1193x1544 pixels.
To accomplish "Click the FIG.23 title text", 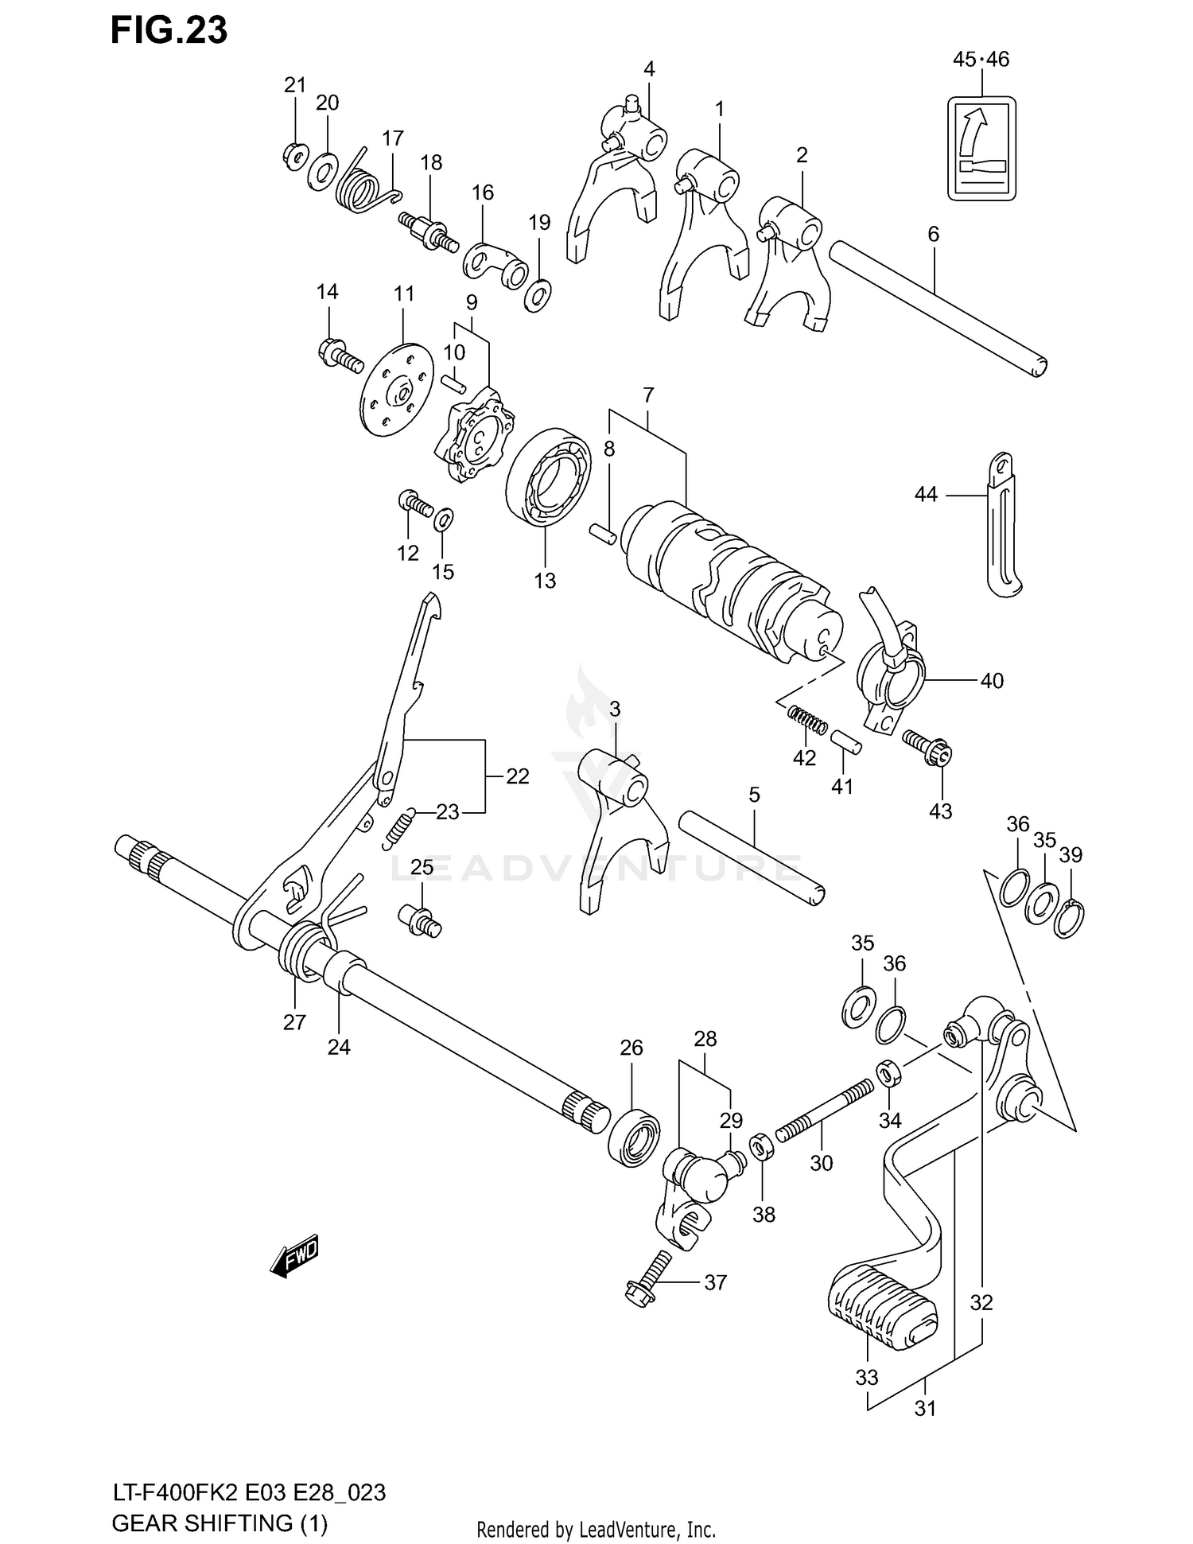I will (169, 30).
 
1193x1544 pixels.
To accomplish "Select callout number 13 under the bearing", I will (545, 581).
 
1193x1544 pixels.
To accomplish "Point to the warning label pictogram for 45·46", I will (981, 148).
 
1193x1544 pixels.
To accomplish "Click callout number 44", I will (925, 495).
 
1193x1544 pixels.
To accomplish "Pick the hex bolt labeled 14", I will (338, 356).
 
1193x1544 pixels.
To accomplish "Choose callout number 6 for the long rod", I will (933, 234).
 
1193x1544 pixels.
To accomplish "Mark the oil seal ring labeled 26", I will (634, 1138).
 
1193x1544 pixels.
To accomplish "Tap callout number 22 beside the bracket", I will (517, 776).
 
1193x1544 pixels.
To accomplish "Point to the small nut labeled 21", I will (294, 155).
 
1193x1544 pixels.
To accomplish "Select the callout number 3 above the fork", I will (615, 709).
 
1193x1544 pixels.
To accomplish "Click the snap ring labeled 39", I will (1070, 919).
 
